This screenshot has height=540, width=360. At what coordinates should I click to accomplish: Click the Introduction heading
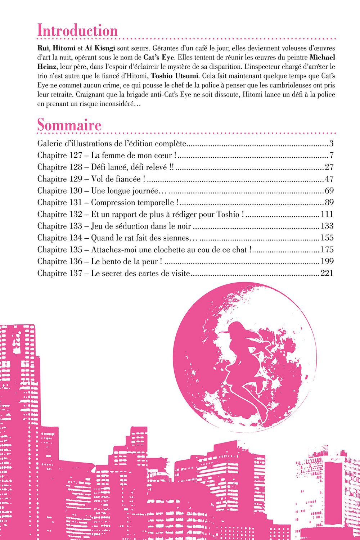coord(77,31)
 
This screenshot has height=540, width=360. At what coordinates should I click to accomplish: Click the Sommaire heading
coord(69,125)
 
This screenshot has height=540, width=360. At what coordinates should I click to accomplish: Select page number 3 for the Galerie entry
coord(331,144)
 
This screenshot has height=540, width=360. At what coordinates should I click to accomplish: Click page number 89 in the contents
coord(329,203)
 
